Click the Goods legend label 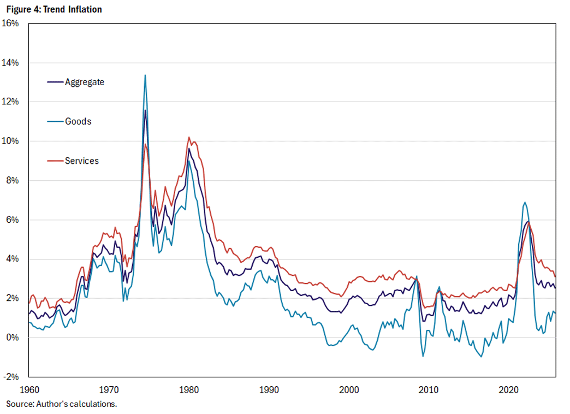tap(78, 121)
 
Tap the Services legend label tap(81, 161)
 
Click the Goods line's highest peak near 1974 tap(145, 75)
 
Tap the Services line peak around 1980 tap(189, 137)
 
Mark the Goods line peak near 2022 tap(525, 203)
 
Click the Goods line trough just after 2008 tap(423, 356)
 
